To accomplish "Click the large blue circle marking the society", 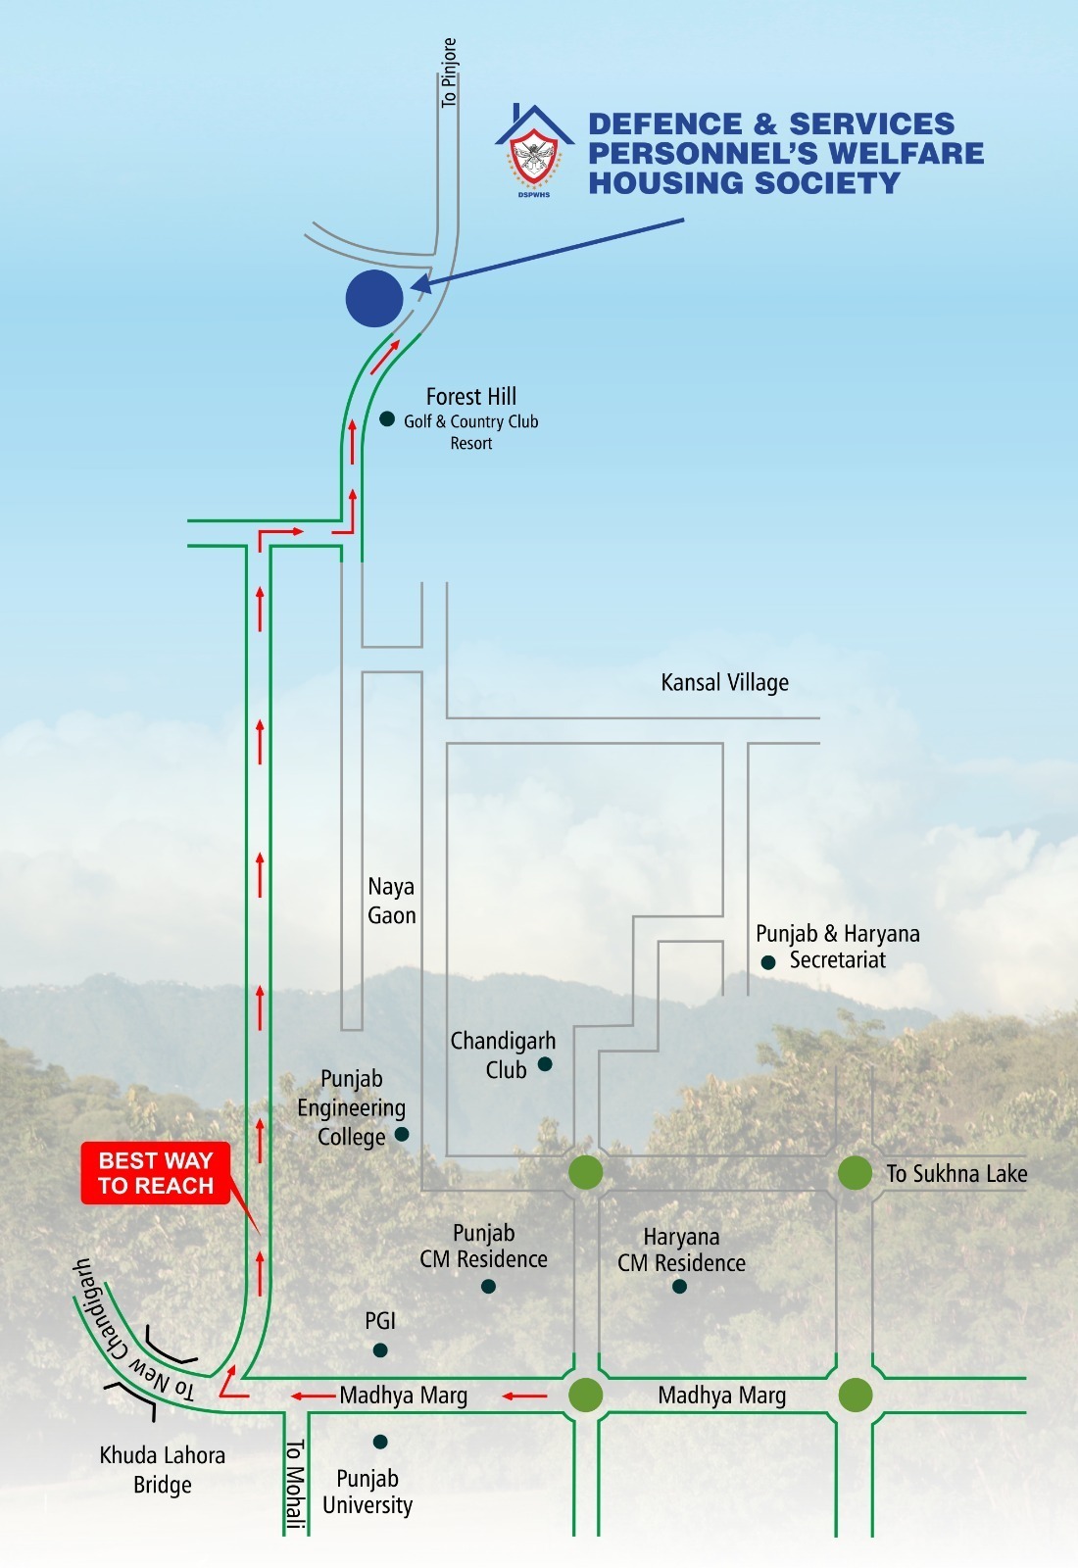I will click(x=374, y=299).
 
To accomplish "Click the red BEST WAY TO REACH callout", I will click(x=156, y=1173).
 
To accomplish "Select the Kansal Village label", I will click(x=724, y=682).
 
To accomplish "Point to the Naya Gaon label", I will click(x=391, y=901).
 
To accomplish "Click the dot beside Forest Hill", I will click(x=387, y=419).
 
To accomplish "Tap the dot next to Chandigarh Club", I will click(x=545, y=1064).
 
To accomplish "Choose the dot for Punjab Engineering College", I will click(x=401, y=1134).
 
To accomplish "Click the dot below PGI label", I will click(x=380, y=1350).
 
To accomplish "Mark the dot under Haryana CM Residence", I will click(x=680, y=1286).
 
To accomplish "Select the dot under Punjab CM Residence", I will click(x=488, y=1286).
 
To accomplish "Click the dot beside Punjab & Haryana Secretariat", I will click(x=768, y=963).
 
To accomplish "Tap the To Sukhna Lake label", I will click(x=956, y=1173).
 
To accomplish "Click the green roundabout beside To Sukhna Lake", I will click(x=855, y=1173).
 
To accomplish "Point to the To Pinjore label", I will click(x=449, y=73).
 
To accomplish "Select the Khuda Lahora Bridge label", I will click(x=163, y=1469).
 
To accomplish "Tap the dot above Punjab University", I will click(x=380, y=1442).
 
